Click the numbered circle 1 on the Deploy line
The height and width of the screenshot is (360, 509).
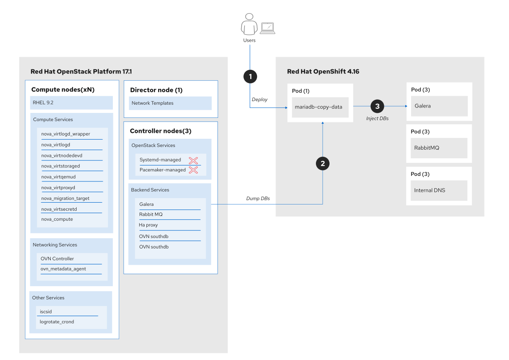[250, 77]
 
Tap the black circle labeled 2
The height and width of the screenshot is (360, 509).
[322, 164]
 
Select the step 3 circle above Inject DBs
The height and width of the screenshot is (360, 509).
[377, 107]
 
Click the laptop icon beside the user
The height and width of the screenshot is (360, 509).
[267, 28]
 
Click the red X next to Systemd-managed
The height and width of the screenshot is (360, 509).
[194, 160]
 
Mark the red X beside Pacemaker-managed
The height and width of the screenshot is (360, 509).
[194, 170]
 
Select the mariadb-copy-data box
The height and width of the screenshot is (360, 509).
[320, 107]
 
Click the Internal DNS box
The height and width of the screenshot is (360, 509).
[439, 190]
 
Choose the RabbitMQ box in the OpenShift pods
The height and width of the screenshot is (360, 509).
[439, 148]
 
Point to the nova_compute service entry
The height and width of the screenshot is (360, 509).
[57, 219]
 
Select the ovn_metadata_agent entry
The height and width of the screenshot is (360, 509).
[63, 269]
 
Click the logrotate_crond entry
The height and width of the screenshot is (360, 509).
[57, 322]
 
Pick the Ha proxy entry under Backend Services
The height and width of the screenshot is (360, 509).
[148, 225]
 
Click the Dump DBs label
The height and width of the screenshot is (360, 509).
[258, 199]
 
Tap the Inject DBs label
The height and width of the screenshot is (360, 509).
[377, 118]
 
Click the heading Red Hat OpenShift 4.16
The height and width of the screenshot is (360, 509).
[323, 72]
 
